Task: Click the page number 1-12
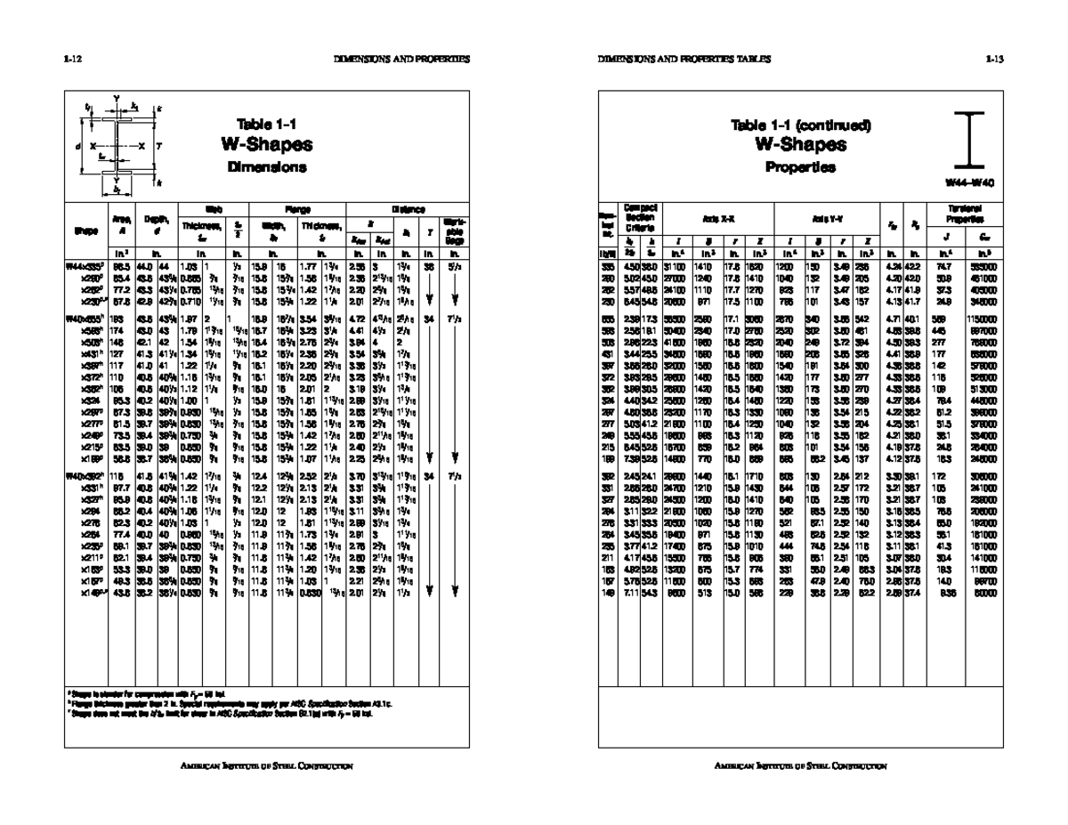point(73,60)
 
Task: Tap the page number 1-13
point(994,60)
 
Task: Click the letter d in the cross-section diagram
point(78,145)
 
